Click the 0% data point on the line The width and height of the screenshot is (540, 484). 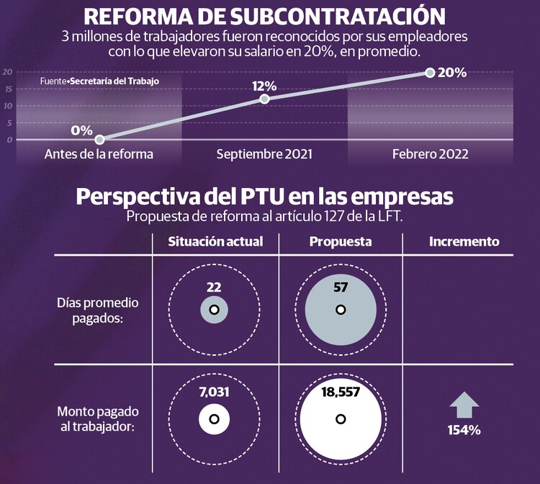click(99, 140)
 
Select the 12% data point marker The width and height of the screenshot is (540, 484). click(264, 99)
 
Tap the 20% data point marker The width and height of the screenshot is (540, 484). click(431, 73)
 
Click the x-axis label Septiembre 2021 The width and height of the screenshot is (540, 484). click(264, 154)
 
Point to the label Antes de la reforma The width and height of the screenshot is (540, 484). click(99, 154)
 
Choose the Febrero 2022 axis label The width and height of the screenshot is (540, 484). click(431, 154)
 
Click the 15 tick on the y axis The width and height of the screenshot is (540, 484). click(7, 89)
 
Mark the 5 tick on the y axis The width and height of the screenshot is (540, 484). click(9, 123)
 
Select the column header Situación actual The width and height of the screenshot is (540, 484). click(215, 242)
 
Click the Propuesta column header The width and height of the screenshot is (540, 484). click(341, 242)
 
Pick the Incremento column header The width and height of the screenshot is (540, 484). click(464, 242)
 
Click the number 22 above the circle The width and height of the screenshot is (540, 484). click(214, 287)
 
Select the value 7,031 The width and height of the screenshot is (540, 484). click(214, 393)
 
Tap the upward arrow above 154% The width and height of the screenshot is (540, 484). click(464, 405)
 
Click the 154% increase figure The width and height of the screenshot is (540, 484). click(464, 430)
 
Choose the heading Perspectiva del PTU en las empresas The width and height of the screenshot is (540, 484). click(265, 197)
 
